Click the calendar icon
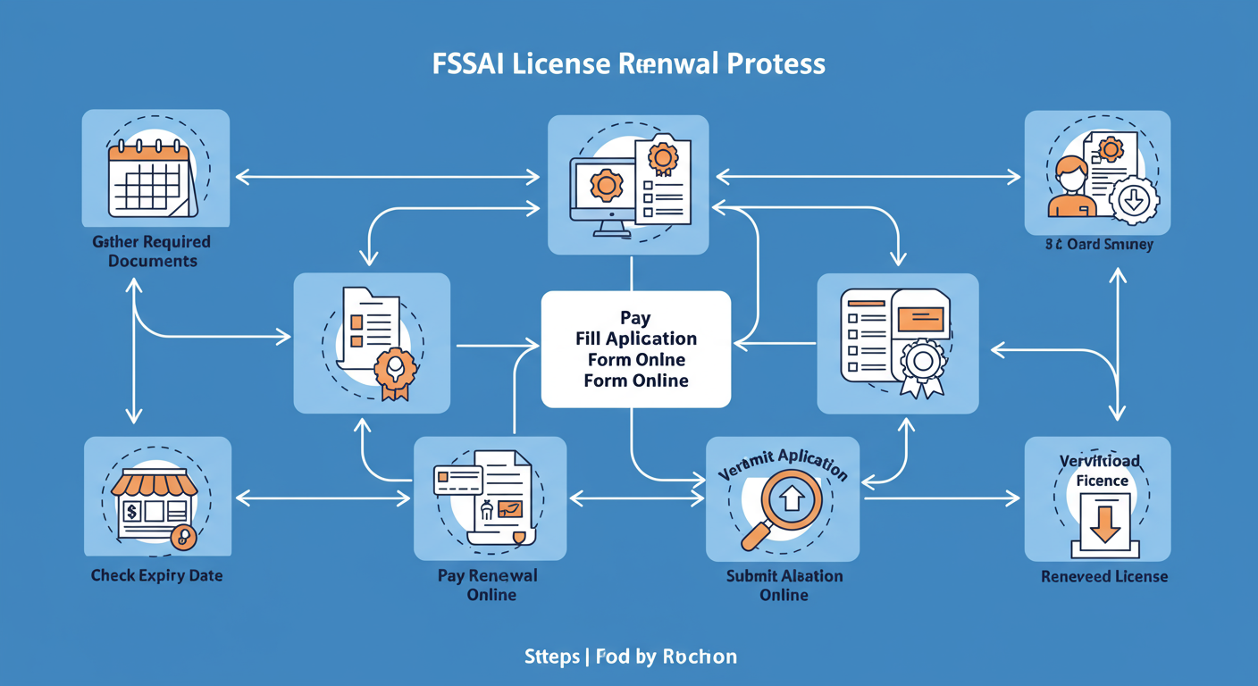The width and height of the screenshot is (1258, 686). pyautogui.click(x=151, y=179)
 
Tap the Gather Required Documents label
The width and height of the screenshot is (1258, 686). pyautogui.click(x=151, y=251)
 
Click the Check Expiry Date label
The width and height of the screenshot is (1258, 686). pyautogui.click(x=156, y=575)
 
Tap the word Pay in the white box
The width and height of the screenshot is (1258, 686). pyautogui.click(x=635, y=318)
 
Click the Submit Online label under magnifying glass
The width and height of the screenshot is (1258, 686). pyautogui.click(x=784, y=585)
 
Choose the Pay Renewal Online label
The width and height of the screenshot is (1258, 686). pyautogui.click(x=489, y=585)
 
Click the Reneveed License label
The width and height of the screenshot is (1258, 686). pyautogui.click(x=1103, y=576)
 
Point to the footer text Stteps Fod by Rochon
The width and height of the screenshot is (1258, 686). pyautogui.click(x=630, y=657)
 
